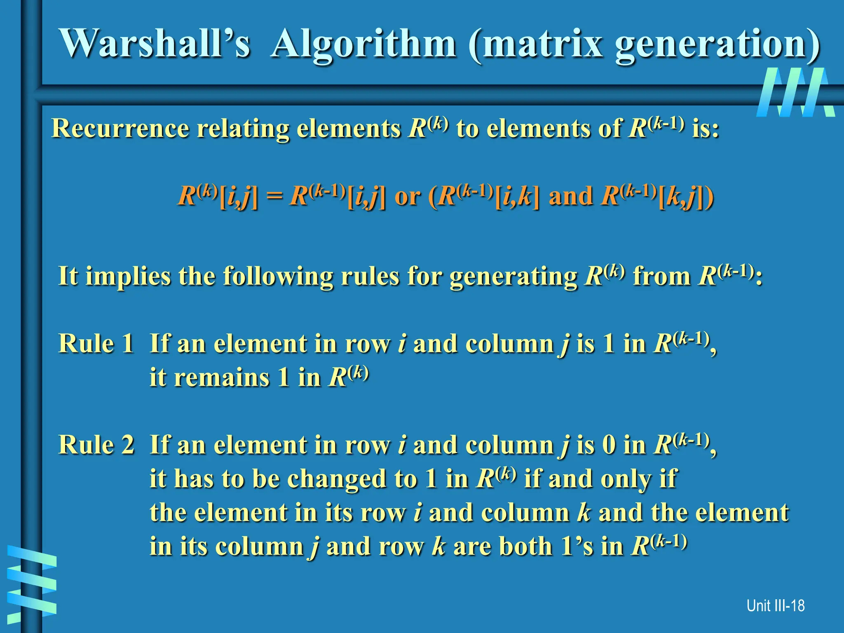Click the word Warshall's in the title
tap(155, 44)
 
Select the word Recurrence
tap(120, 128)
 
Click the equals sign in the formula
tap(274, 197)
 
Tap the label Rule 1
tap(96, 343)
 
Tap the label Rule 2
tap(96, 445)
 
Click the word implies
tap(128, 276)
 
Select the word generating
tap(513, 276)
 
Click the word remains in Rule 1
tap(222, 377)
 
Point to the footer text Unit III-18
tap(775, 606)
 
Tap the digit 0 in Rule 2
tap(609, 445)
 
